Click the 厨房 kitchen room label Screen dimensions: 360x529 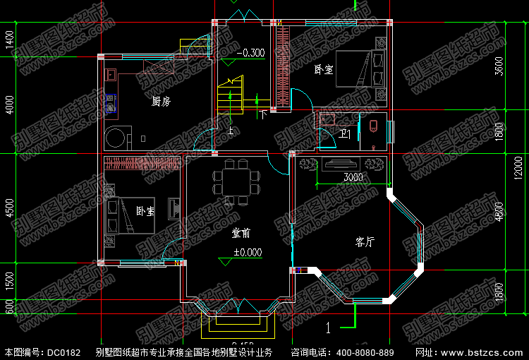point(161,102)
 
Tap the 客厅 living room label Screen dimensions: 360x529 point(365,242)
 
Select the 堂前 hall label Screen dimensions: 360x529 point(241,233)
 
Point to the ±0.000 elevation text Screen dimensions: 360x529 point(248,252)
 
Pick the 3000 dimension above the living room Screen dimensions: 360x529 point(353,177)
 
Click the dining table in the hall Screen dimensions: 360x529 point(233,179)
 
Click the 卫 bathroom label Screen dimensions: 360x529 point(346,134)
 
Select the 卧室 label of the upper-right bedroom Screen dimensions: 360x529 point(324,70)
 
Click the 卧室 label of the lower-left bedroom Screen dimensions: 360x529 point(146,211)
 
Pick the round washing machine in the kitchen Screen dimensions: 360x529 point(116,136)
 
